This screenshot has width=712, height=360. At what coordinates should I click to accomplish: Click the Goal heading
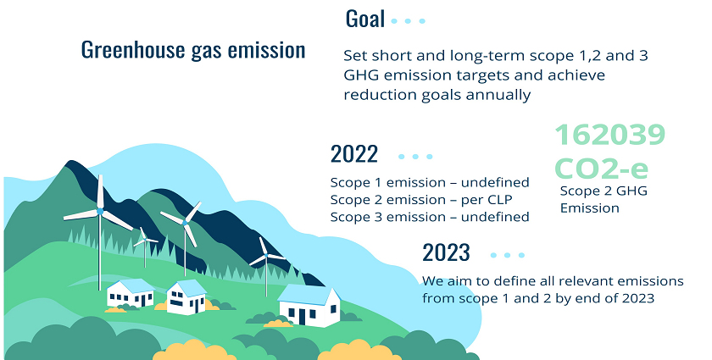coord(365,19)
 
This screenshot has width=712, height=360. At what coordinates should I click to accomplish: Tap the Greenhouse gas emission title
coord(193,50)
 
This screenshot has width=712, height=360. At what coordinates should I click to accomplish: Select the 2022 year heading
coord(354,154)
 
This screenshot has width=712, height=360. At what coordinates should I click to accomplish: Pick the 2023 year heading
coord(446,253)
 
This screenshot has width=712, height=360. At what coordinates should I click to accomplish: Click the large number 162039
coord(609,135)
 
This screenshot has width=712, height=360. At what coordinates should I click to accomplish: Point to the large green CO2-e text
coord(601,168)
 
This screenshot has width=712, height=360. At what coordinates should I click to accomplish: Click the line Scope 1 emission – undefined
coord(430,182)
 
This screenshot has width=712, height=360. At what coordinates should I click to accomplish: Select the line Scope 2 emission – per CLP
coord(421,200)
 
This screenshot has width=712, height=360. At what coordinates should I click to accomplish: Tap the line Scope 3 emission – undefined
coord(430,217)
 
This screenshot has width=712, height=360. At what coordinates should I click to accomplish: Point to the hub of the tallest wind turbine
coord(100,212)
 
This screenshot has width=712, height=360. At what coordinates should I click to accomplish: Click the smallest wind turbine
coord(145,245)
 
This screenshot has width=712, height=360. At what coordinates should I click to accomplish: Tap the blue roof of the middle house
coord(186,287)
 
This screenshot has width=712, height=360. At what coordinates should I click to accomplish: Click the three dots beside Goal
coord(408,21)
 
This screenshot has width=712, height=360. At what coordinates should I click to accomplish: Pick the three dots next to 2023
coord(507,255)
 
